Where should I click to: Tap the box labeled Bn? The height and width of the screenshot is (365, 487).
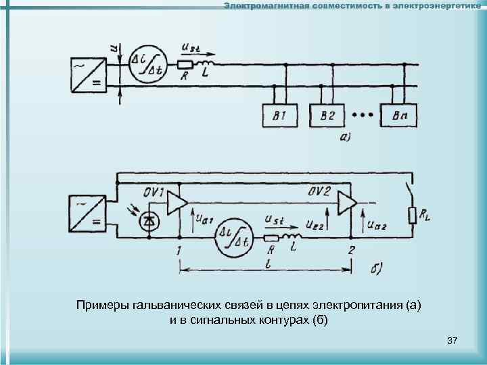(x=399, y=116)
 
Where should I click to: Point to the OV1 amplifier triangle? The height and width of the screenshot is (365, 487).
(x=177, y=202)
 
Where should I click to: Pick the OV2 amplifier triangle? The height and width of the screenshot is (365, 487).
(x=347, y=202)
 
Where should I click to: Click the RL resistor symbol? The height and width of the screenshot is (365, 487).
(x=413, y=216)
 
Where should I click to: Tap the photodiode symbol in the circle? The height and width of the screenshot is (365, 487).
(x=148, y=220)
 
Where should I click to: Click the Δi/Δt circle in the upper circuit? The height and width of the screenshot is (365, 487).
(x=148, y=64)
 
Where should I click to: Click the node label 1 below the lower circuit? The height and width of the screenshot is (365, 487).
(x=178, y=251)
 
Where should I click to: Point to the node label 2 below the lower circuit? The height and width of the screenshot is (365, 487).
(x=351, y=251)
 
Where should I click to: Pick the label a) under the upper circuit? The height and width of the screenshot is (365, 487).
(x=344, y=137)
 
